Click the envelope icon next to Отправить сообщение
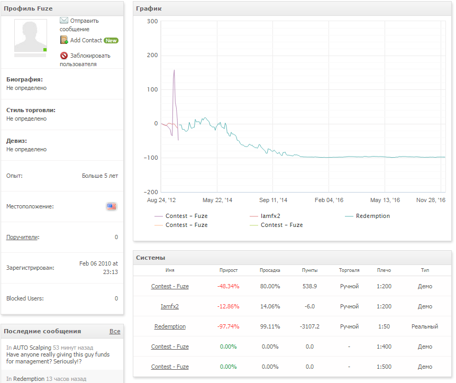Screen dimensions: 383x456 64,20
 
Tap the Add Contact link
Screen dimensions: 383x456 86,40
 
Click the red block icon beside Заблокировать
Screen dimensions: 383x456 64,56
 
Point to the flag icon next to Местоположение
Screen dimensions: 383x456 111,206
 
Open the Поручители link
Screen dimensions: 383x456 22,237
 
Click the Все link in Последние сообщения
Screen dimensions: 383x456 115,331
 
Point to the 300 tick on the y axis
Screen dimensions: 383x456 152,21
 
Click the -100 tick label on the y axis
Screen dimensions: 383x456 151,158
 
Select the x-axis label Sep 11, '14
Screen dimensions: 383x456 273,200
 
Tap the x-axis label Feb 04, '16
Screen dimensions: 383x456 329,200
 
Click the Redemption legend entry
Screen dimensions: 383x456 372,216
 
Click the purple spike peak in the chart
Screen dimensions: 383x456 174,70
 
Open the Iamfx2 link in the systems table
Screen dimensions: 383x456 170,306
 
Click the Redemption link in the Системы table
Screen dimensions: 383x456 170,326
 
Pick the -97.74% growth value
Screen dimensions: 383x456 229,326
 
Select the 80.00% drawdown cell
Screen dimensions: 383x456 270,286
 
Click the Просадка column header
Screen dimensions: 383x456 270,270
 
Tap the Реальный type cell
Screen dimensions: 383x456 425,326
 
